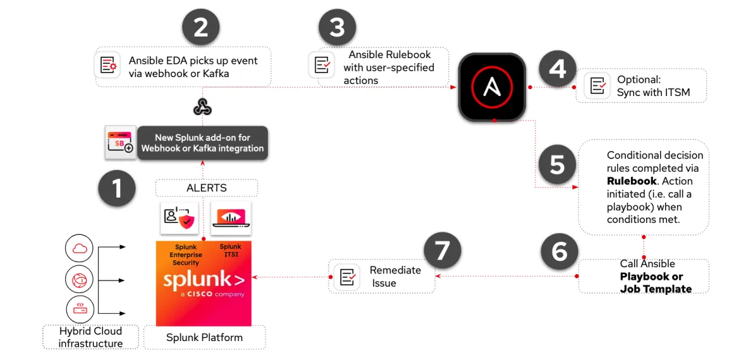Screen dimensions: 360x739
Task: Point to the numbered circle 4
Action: pos(557,68)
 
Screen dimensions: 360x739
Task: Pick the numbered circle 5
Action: pos(557,164)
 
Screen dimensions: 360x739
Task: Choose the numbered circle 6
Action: pos(560,251)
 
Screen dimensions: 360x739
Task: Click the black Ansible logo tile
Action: pos(492,87)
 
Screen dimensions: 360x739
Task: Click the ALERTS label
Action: pos(206,188)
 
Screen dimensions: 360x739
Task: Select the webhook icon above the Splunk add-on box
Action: pos(202,107)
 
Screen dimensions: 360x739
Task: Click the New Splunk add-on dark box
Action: pos(202,143)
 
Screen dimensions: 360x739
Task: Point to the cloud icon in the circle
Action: pos(80,248)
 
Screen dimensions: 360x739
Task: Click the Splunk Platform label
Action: pos(204,337)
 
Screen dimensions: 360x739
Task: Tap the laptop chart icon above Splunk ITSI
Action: pos(231,217)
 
